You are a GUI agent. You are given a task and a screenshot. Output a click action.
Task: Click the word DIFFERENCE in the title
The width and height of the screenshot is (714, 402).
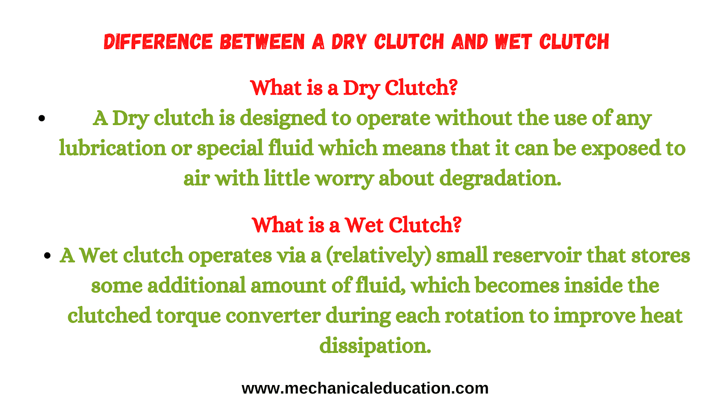[158, 42]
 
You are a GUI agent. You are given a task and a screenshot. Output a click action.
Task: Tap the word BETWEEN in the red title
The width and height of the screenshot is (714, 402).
[262, 42]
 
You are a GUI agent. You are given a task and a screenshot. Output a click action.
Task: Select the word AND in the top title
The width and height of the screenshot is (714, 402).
[469, 42]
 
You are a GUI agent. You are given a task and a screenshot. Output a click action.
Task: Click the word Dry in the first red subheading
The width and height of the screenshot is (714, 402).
[361, 88]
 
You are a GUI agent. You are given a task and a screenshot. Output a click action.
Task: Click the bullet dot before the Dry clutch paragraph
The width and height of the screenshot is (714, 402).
[42, 118]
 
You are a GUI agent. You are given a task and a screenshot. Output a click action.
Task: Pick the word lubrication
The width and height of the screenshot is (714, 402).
[112, 148]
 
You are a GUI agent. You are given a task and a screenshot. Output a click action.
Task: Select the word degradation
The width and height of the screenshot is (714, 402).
[500, 179]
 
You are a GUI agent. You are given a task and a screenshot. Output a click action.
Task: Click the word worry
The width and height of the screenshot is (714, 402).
[344, 180]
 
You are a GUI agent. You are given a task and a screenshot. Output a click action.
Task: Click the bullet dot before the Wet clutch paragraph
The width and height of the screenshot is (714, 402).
[47, 255]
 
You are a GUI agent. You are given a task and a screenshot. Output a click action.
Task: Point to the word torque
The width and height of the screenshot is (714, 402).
[188, 317]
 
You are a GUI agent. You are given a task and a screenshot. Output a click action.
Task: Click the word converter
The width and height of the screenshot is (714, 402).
[273, 315]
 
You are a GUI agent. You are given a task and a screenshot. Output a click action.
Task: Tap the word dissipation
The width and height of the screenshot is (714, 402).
[375, 346]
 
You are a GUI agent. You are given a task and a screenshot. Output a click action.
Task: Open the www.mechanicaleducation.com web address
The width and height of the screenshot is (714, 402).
[365, 388]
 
